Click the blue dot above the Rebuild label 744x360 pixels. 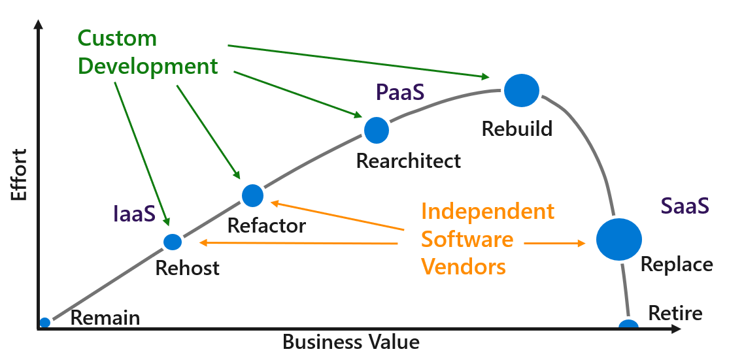click(522, 90)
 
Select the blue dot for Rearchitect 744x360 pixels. click(376, 130)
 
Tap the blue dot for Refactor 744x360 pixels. click(252, 195)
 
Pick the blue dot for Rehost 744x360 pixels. click(173, 242)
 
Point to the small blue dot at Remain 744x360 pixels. click(44, 322)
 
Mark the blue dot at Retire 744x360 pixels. click(628, 325)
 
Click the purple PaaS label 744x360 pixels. click(400, 92)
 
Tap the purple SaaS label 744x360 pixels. click(685, 206)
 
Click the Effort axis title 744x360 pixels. click(19, 175)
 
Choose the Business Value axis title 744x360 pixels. click(350, 342)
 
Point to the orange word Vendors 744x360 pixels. click(464, 267)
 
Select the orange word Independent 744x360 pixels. click(488, 211)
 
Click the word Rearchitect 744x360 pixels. click(409, 161)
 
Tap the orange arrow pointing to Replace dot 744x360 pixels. click(555, 243)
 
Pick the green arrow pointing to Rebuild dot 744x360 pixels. click(359, 61)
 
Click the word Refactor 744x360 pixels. click(266, 226)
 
